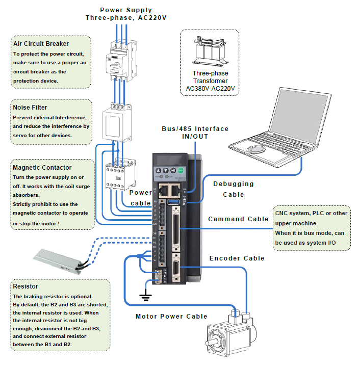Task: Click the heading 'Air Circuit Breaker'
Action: click(41, 44)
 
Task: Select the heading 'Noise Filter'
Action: click(30, 108)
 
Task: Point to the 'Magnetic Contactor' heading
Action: click(42, 167)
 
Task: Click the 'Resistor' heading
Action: click(25, 286)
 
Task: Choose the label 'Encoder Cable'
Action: click(237, 258)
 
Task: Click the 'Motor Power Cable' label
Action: click(171, 316)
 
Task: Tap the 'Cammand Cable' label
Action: click(238, 219)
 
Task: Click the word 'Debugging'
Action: click(234, 184)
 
